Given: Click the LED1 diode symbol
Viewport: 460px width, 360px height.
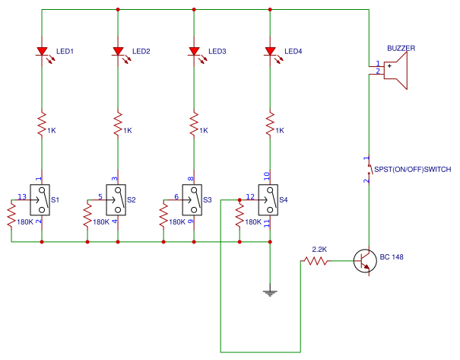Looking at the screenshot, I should click(x=42, y=52).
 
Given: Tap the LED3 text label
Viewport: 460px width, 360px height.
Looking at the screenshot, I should click(x=217, y=52).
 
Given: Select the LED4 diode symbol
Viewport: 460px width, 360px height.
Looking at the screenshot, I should click(x=270, y=52).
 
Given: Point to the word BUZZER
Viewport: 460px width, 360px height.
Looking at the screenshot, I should click(x=401, y=47).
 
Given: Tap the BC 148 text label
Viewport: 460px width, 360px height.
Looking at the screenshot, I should click(x=392, y=257).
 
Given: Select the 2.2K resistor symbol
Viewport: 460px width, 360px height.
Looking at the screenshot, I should click(x=316, y=261).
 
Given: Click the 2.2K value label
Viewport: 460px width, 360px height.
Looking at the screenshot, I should click(x=319, y=250).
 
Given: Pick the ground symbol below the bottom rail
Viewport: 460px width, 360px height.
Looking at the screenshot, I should click(x=270, y=292).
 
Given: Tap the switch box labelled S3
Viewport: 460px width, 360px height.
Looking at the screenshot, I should click(x=194, y=199).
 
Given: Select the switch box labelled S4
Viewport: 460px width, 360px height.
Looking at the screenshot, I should click(x=270, y=199).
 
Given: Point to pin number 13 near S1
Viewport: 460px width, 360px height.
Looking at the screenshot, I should click(x=21, y=197).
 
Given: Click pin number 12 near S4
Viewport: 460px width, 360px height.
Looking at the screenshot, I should click(x=250, y=197).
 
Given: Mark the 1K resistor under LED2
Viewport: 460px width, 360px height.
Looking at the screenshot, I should click(x=118, y=123).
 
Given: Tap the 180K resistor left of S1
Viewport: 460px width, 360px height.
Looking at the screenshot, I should click(x=11, y=217).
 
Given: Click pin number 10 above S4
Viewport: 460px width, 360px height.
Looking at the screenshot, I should click(x=266, y=177).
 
